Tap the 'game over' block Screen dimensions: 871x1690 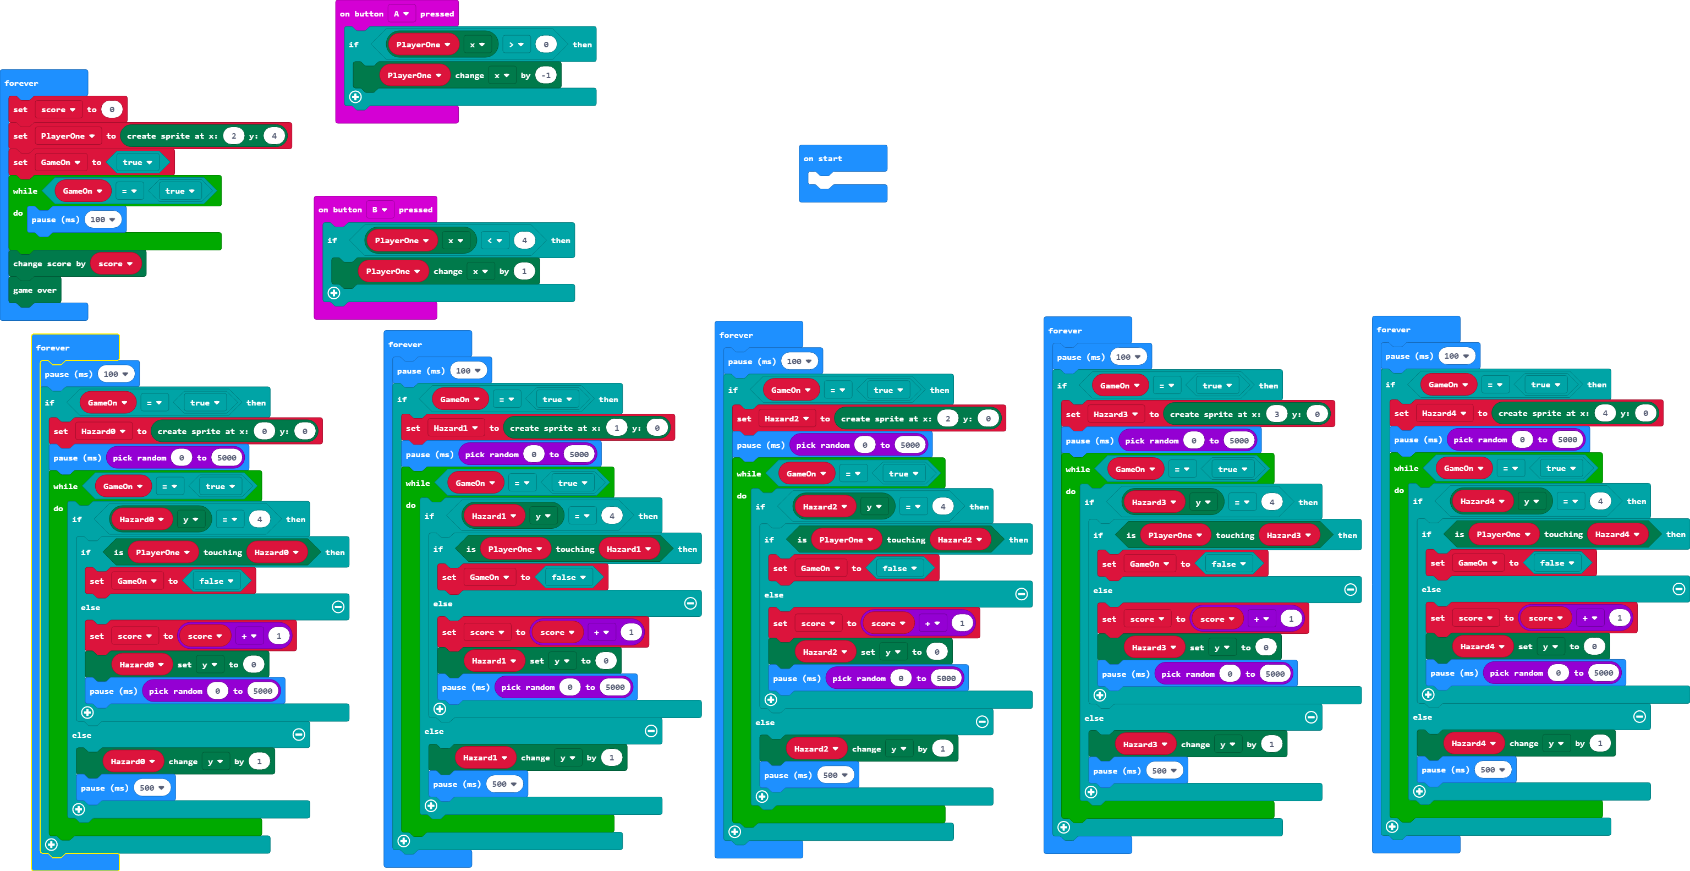coord(35,290)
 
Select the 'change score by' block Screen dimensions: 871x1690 coord(48,264)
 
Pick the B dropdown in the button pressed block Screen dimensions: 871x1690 coord(379,210)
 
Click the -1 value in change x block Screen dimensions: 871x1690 coord(546,75)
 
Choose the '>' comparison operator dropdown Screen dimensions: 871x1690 coord(515,45)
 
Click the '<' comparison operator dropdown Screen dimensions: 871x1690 coord(494,241)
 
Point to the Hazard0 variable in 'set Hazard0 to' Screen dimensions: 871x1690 coord(103,432)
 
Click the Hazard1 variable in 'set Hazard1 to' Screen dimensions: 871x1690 coord(456,429)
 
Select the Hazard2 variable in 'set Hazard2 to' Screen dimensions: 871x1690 coord(786,419)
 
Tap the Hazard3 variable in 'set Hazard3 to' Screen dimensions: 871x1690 coord(1115,415)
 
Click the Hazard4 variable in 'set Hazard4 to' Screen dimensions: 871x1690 coord(1444,414)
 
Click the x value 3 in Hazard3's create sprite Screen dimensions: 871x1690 coord(1276,415)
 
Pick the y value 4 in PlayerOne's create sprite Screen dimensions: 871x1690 coord(274,136)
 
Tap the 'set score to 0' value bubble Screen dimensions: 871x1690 coord(112,109)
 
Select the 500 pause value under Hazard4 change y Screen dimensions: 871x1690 coord(1492,770)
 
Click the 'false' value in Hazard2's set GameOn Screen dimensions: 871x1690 coord(899,568)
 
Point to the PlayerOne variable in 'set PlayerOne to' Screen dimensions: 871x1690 coord(68,136)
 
